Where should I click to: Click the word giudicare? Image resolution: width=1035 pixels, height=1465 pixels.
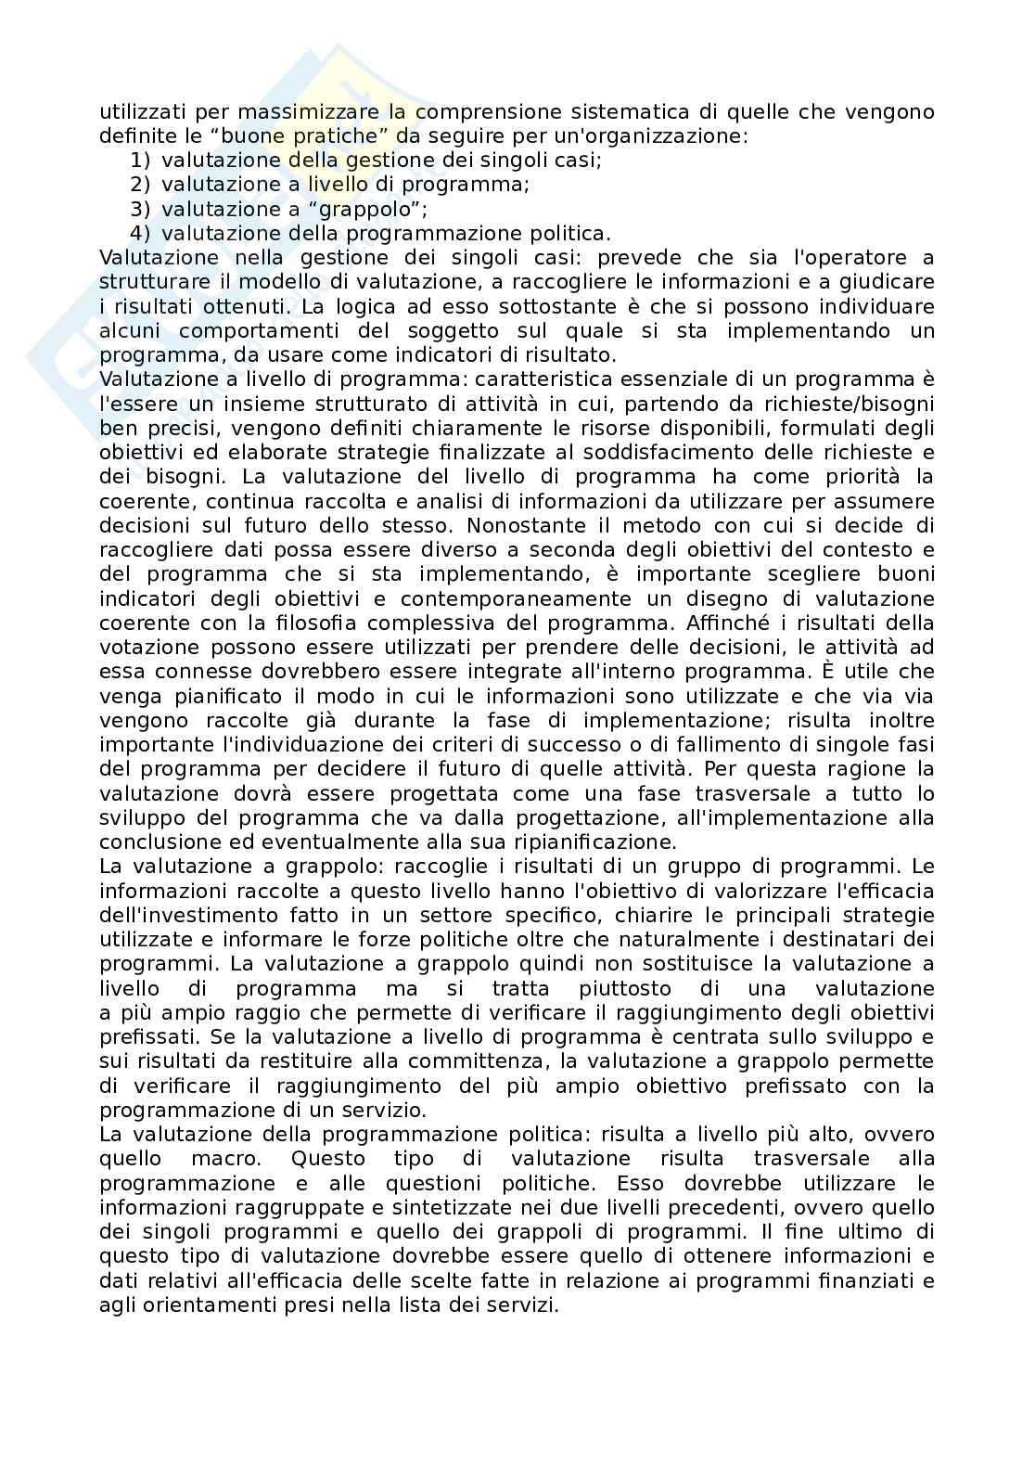[x=883, y=281]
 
